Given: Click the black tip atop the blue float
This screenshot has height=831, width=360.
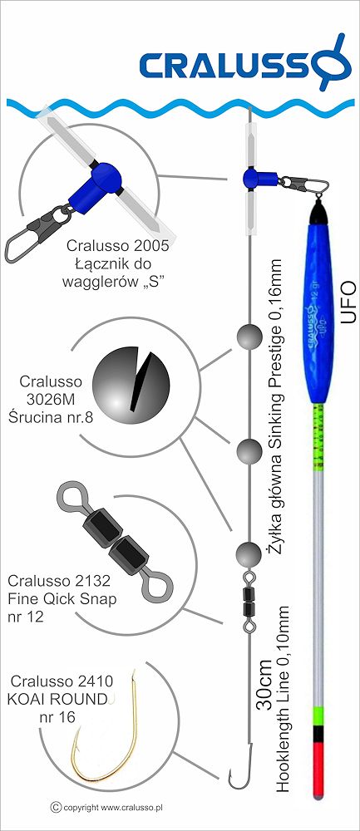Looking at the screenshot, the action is [319, 212].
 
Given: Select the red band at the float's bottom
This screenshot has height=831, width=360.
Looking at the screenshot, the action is [318, 770].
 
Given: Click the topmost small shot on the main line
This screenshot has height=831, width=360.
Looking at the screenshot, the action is [249, 337].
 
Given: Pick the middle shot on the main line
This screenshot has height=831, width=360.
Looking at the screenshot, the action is [249, 451].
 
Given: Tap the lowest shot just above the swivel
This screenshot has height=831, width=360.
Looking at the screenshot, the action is [249, 554].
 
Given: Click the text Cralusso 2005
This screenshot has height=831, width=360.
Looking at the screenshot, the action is [117, 246].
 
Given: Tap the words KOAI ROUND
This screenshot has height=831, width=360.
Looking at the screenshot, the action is [58, 699].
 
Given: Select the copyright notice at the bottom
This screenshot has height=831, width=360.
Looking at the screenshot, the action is [106, 807].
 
